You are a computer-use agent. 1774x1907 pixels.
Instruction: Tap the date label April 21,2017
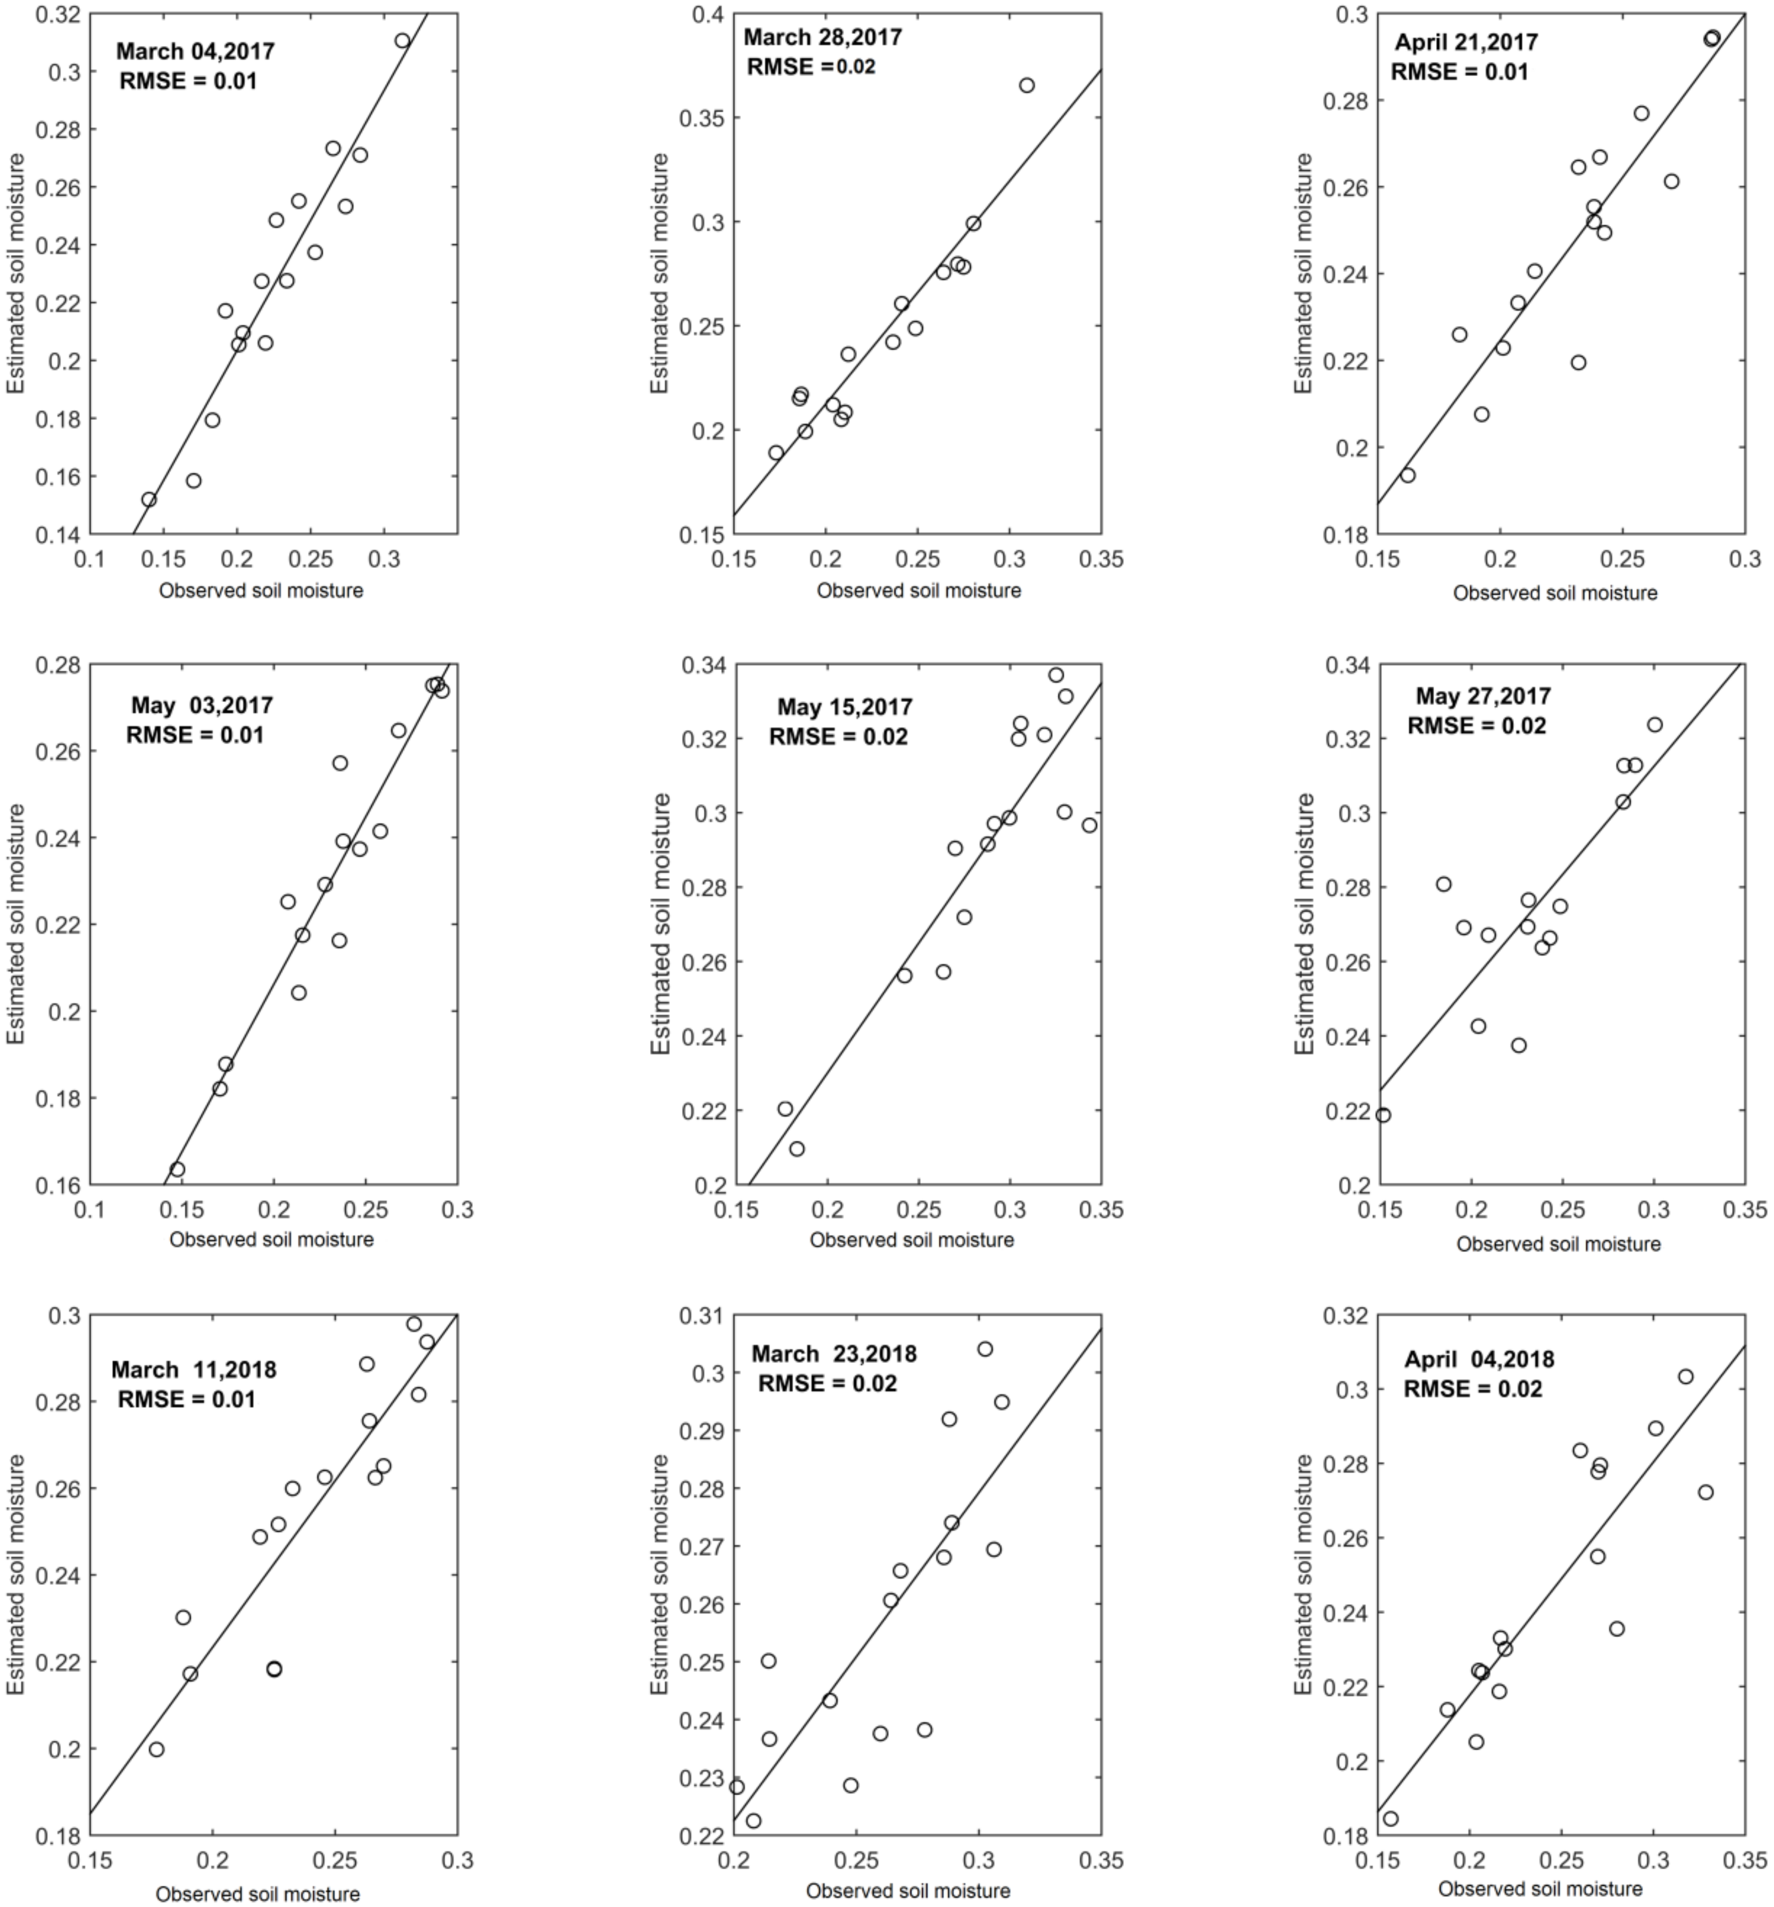click(1466, 42)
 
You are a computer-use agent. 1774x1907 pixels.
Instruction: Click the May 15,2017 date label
click(845, 707)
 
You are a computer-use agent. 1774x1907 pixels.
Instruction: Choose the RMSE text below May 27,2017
click(1477, 726)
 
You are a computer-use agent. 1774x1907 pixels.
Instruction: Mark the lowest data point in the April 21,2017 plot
click(1407, 475)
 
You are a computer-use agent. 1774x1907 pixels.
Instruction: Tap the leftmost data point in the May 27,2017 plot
click(1382, 1115)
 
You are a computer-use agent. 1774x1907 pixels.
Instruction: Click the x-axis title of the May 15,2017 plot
click(911, 1240)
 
